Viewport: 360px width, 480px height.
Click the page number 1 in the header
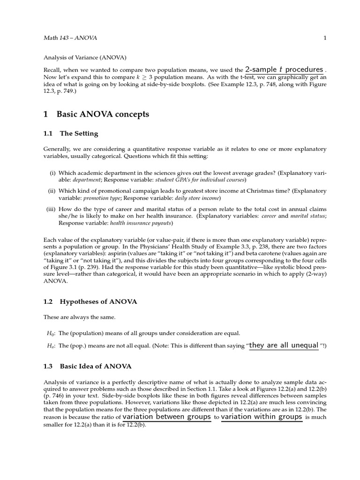325,38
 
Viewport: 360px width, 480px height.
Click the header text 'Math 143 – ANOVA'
70,38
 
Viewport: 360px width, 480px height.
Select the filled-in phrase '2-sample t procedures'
284,69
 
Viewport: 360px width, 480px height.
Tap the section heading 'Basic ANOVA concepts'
103,114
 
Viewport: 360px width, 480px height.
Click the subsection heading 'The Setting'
79,134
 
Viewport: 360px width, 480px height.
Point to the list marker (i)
53,173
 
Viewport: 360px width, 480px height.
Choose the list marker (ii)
52,191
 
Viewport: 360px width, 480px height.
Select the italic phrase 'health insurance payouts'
142,223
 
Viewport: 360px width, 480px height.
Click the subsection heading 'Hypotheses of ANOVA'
98,302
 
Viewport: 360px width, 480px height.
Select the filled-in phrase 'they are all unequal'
284,345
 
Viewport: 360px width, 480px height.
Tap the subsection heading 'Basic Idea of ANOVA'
96,366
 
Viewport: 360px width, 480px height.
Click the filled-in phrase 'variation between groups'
166,417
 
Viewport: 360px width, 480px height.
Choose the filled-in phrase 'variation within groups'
262,417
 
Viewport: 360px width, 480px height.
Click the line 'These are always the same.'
79,317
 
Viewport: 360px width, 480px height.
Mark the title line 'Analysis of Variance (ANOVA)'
84,58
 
